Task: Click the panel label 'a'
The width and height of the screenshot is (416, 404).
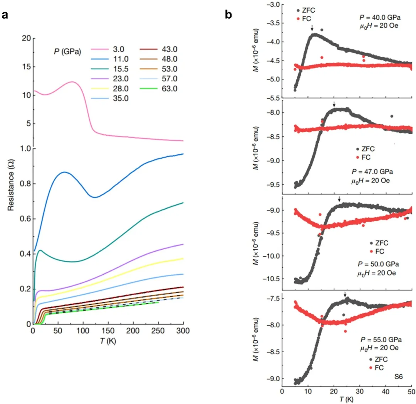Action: click(5, 15)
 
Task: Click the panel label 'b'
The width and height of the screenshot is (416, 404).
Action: click(228, 15)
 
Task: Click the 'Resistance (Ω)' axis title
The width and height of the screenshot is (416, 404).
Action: click(11, 182)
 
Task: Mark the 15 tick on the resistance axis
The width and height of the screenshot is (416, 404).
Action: click(26, 67)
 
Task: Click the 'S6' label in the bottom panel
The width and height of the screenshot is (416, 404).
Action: click(398, 376)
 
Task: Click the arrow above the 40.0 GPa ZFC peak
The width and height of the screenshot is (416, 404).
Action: click(312, 28)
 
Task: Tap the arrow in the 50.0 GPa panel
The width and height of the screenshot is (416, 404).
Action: click(339, 199)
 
